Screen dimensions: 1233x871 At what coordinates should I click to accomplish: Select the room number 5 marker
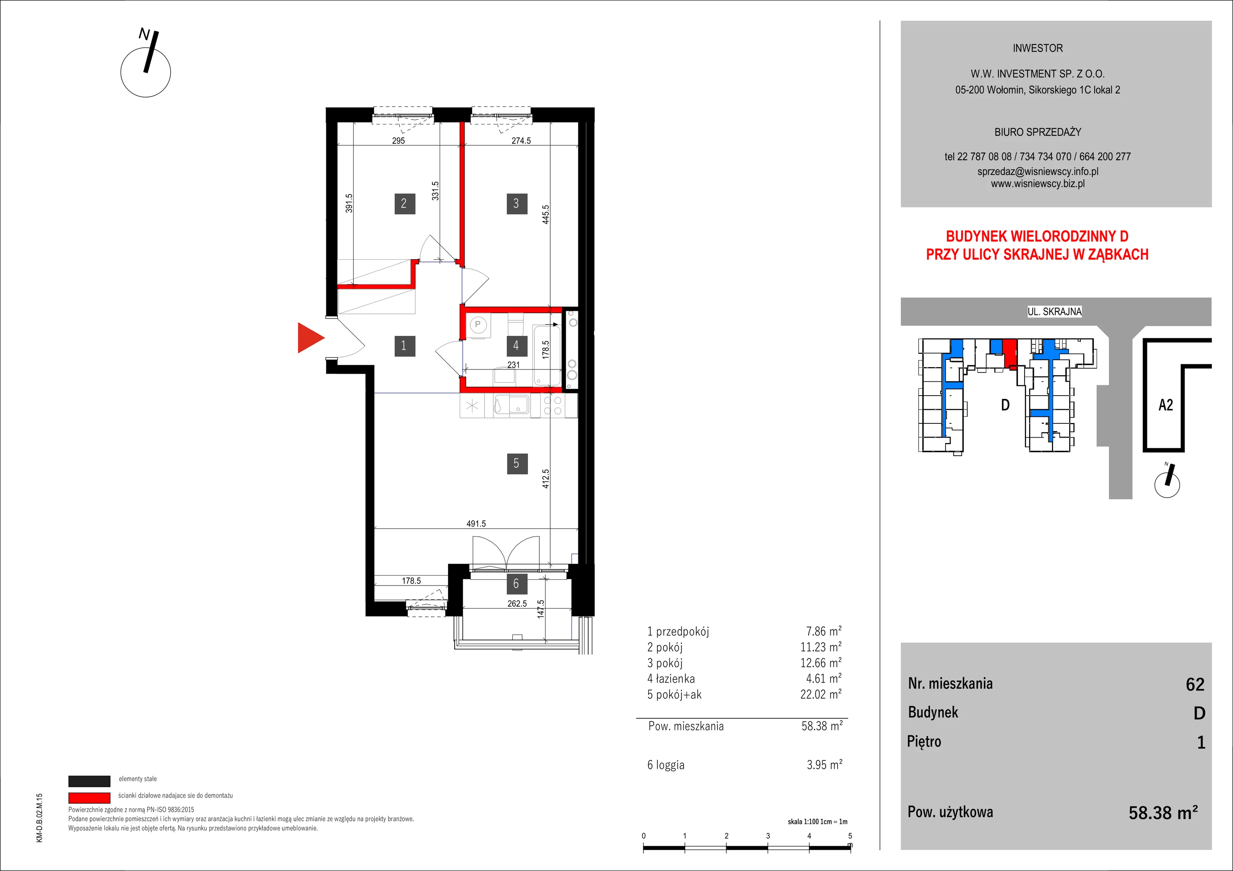click(517, 463)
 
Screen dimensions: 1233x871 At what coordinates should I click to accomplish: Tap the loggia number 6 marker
click(516, 584)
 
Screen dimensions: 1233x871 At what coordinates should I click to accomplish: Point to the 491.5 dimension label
click(476, 524)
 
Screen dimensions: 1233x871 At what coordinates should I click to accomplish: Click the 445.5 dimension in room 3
click(546, 214)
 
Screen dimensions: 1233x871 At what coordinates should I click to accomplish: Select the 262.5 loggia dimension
click(517, 604)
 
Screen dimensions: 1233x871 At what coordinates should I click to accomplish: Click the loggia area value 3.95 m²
click(824, 764)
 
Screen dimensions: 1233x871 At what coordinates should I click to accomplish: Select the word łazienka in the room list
click(675, 679)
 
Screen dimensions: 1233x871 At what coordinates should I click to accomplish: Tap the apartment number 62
click(1195, 684)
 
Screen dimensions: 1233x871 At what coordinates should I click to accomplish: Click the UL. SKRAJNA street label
click(1054, 311)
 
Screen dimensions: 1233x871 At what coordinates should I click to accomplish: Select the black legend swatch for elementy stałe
click(89, 781)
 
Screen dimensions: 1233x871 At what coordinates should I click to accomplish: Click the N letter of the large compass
click(144, 34)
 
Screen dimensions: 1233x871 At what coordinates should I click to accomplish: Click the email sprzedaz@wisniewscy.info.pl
click(1038, 171)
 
